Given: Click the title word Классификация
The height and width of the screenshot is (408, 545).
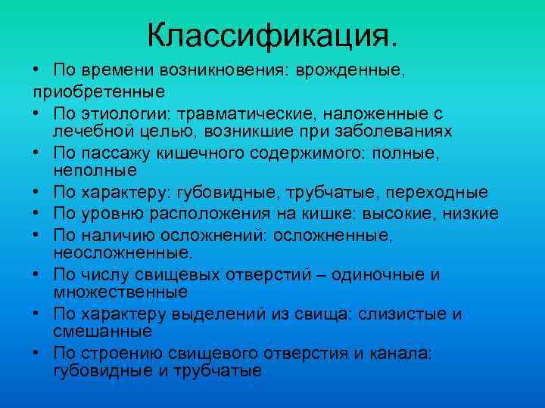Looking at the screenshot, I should (272, 34).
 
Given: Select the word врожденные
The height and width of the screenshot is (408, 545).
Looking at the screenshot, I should (350, 70).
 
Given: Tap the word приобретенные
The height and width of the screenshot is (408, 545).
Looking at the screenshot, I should (98, 91).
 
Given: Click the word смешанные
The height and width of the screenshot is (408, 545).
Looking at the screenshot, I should (102, 332).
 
